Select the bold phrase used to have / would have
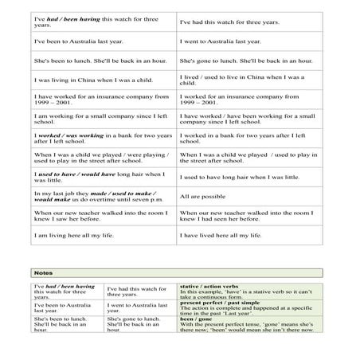click(x=79, y=174)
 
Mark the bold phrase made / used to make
click(x=123, y=193)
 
